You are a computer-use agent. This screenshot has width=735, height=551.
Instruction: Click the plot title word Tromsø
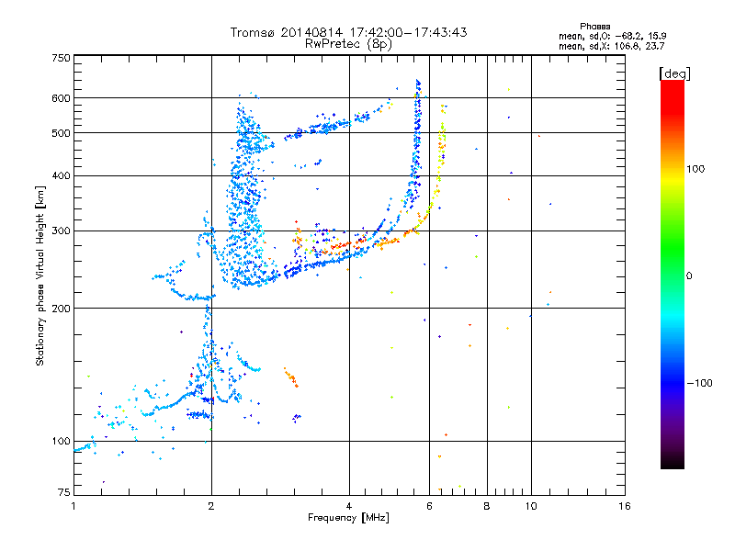tap(253, 32)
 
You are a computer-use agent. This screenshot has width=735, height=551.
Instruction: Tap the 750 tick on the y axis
tap(61, 58)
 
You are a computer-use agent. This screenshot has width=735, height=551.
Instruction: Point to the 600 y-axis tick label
tap(61, 98)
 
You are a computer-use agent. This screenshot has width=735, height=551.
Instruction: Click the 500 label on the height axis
tap(61, 133)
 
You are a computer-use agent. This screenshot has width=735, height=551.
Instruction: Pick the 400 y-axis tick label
tap(61, 175)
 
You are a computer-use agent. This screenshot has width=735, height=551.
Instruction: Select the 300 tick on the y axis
tap(61, 231)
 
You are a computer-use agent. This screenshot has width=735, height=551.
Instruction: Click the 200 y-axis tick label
tap(61, 309)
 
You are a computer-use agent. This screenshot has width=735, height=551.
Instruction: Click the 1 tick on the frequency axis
tap(73, 507)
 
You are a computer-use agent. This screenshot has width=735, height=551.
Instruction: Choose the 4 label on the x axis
tap(349, 507)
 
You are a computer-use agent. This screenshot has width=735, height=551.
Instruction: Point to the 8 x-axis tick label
tap(487, 507)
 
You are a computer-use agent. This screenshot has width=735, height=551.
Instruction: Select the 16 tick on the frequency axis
tap(624, 507)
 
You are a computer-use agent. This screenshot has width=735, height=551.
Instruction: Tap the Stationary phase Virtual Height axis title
tap(40, 276)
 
